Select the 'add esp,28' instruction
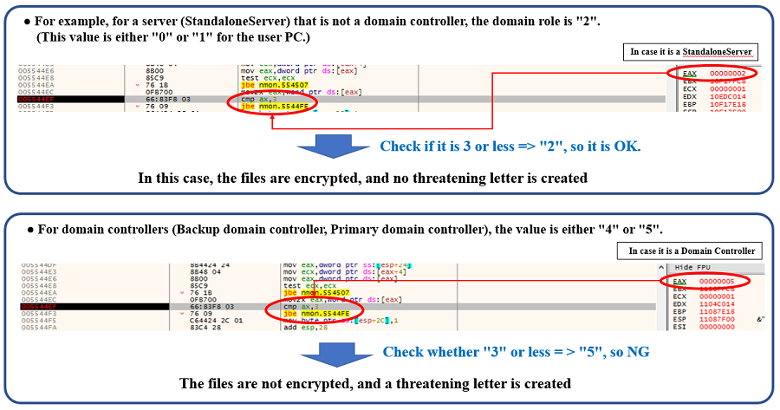pyautogui.click(x=305, y=328)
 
